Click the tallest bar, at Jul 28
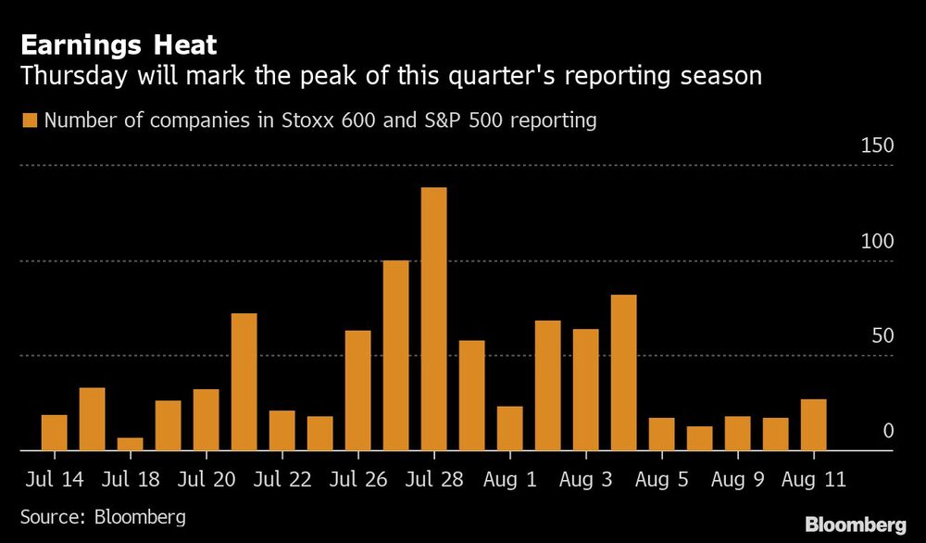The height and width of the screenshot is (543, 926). pos(433,319)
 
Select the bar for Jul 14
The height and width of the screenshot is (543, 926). pos(55,433)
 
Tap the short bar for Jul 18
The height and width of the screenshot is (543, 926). pos(131,444)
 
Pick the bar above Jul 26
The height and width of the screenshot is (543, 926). pos(357,390)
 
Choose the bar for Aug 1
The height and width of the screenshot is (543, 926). pos(509,428)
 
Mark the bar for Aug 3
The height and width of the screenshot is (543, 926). pos(585,389)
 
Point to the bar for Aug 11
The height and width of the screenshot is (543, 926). pos(813,424)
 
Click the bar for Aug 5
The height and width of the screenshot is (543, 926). pos(661,434)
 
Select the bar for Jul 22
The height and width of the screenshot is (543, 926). pos(282,430)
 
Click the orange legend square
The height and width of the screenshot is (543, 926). pos(30,120)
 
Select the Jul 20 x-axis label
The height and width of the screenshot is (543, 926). pos(206,482)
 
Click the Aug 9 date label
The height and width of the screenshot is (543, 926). pos(737,482)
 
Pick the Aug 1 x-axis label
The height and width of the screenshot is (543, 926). pos(509,482)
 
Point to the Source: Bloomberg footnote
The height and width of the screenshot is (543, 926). pos(103,516)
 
